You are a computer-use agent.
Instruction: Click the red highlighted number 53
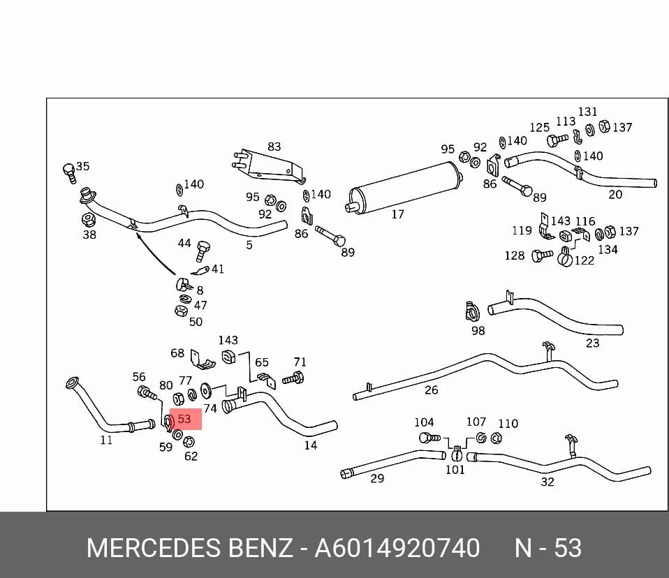(184, 419)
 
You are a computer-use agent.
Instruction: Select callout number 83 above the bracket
(274, 147)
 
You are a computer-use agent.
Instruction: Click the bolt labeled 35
(69, 173)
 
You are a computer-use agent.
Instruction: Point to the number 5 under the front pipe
(249, 245)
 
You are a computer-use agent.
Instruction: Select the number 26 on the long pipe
(431, 390)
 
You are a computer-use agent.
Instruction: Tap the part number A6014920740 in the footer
(397, 548)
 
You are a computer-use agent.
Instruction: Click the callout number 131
(587, 112)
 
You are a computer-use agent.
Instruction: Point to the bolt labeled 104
(429, 438)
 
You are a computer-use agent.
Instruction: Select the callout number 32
(547, 482)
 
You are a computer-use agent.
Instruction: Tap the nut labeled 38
(88, 220)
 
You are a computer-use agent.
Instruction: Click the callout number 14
(310, 445)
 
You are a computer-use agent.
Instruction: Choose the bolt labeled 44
(203, 251)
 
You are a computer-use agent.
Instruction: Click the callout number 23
(592, 343)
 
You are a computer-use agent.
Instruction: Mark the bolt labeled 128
(542, 256)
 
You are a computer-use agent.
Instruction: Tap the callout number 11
(106, 440)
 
